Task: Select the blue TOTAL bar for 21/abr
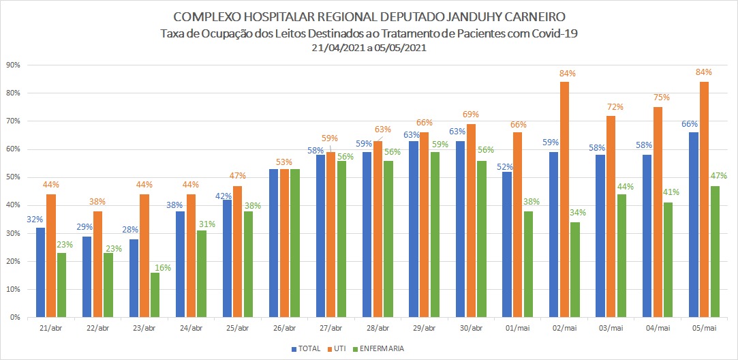41,272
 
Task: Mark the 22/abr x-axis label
98,328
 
